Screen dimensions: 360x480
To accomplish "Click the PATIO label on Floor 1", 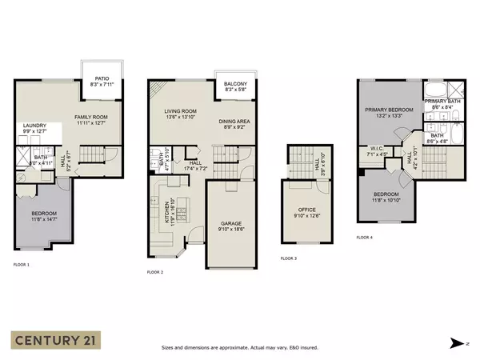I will coord(96,78).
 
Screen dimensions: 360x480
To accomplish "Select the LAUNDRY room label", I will coord(34,126).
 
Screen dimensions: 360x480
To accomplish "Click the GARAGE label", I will coord(230,225).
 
